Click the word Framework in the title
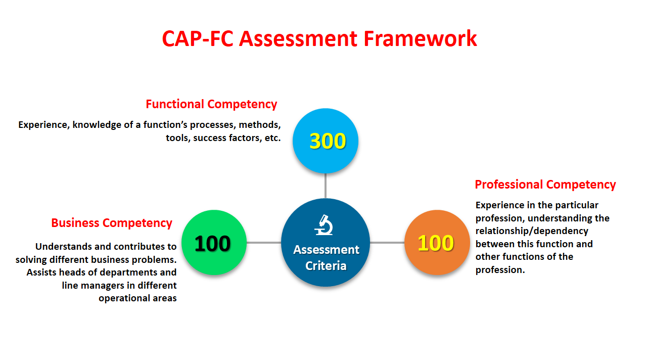(420, 38)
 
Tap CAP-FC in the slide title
(198, 38)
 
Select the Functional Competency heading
(211, 104)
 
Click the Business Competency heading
(112, 223)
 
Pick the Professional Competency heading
(545, 185)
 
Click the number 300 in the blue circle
(328, 141)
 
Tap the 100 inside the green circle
(213, 244)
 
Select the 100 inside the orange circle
(436, 243)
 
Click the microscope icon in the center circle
(324, 225)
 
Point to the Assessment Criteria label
(326, 258)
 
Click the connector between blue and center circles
(326, 186)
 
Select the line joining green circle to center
(264, 242)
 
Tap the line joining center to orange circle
(387, 242)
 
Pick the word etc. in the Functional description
(272, 138)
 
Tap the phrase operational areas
(137, 298)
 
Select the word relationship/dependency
(532, 231)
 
